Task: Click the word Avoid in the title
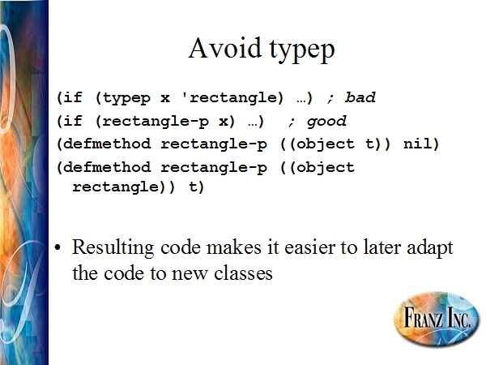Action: click(x=224, y=48)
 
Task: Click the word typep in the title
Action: click(x=301, y=50)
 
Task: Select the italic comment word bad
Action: click(x=360, y=97)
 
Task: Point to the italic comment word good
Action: click(x=326, y=121)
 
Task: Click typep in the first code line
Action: click(x=126, y=98)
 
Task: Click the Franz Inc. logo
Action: click(x=436, y=319)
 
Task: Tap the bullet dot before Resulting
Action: click(x=58, y=247)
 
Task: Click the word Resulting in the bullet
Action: click(x=113, y=248)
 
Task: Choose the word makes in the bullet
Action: click(x=234, y=247)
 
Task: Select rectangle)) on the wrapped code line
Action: click(x=124, y=187)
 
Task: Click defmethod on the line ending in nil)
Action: click(x=107, y=144)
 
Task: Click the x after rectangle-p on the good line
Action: click(x=224, y=121)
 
